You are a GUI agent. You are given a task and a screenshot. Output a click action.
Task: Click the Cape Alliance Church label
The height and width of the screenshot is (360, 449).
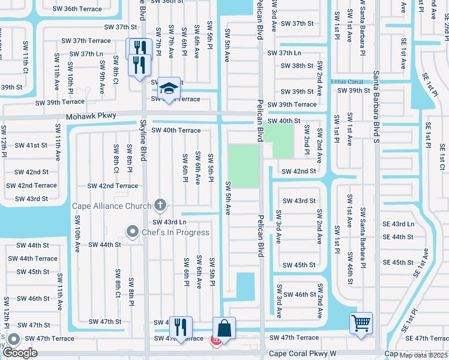coord(112,206)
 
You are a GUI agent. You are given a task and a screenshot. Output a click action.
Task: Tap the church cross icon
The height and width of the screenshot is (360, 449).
coord(160,206)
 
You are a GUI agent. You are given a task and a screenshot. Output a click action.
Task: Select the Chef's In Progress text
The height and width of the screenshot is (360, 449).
coord(175,232)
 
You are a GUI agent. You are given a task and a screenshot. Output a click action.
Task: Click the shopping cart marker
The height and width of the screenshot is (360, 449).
coord(361,323)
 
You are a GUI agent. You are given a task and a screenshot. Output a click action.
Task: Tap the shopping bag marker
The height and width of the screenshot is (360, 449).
coord(224,328)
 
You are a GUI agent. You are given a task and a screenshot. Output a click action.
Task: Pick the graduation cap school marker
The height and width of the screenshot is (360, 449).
coord(169,89)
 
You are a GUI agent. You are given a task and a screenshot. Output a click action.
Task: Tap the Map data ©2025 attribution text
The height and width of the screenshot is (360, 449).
coord(423,355)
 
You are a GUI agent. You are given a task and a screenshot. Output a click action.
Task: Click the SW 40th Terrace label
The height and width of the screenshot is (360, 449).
coord(176,130)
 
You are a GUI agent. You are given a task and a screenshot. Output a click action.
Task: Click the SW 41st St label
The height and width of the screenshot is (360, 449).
coord(31,145)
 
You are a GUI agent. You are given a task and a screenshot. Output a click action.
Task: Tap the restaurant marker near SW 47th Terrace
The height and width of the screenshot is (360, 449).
coord(179,327)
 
